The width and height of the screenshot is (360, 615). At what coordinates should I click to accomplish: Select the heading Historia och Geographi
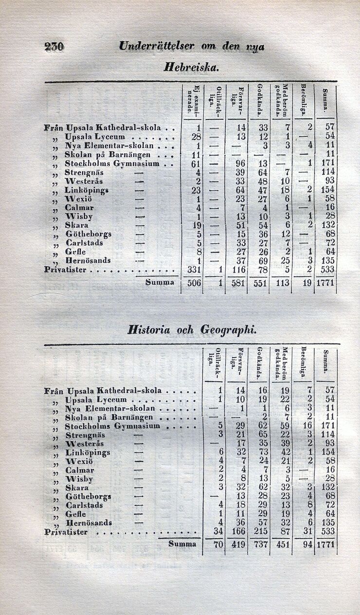coord(191,329)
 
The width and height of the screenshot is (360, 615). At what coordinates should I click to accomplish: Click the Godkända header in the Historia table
coord(260,362)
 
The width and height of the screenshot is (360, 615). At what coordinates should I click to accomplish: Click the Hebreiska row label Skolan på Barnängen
coord(108,154)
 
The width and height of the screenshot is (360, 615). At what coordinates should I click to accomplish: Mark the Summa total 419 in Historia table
coord(237,544)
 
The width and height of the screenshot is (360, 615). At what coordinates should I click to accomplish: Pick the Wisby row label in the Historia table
coord(79,479)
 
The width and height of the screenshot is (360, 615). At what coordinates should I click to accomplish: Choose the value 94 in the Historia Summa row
coord(306,544)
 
